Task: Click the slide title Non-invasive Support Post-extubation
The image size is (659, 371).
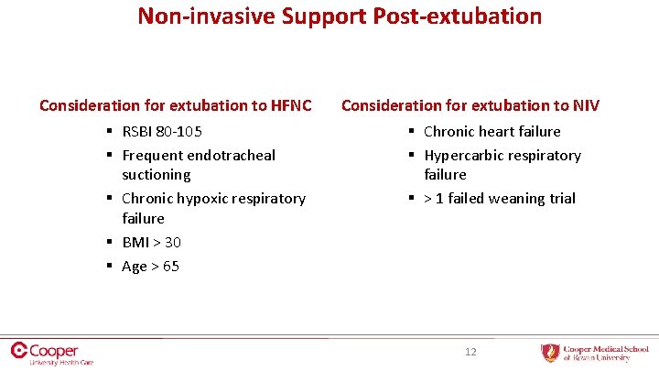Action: click(340, 16)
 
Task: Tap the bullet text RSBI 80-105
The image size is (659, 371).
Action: click(162, 132)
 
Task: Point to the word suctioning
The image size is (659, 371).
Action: click(157, 175)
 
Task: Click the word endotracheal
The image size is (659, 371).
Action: click(231, 156)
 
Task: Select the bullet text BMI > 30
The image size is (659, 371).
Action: click(151, 243)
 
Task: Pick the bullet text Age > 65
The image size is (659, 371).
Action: click(150, 267)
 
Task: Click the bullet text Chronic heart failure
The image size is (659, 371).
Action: click(492, 132)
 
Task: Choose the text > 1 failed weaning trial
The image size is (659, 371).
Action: click(500, 199)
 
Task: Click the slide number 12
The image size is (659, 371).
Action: click(470, 352)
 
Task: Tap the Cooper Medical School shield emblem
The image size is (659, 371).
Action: click(549, 353)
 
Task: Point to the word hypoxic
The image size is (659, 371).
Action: click(203, 199)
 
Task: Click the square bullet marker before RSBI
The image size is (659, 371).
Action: click(109, 132)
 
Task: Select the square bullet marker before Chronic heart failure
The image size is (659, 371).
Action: click(411, 132)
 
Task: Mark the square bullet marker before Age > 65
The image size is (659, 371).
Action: click(109, 267)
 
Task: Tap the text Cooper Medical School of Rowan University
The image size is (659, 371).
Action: click(605, 353)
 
